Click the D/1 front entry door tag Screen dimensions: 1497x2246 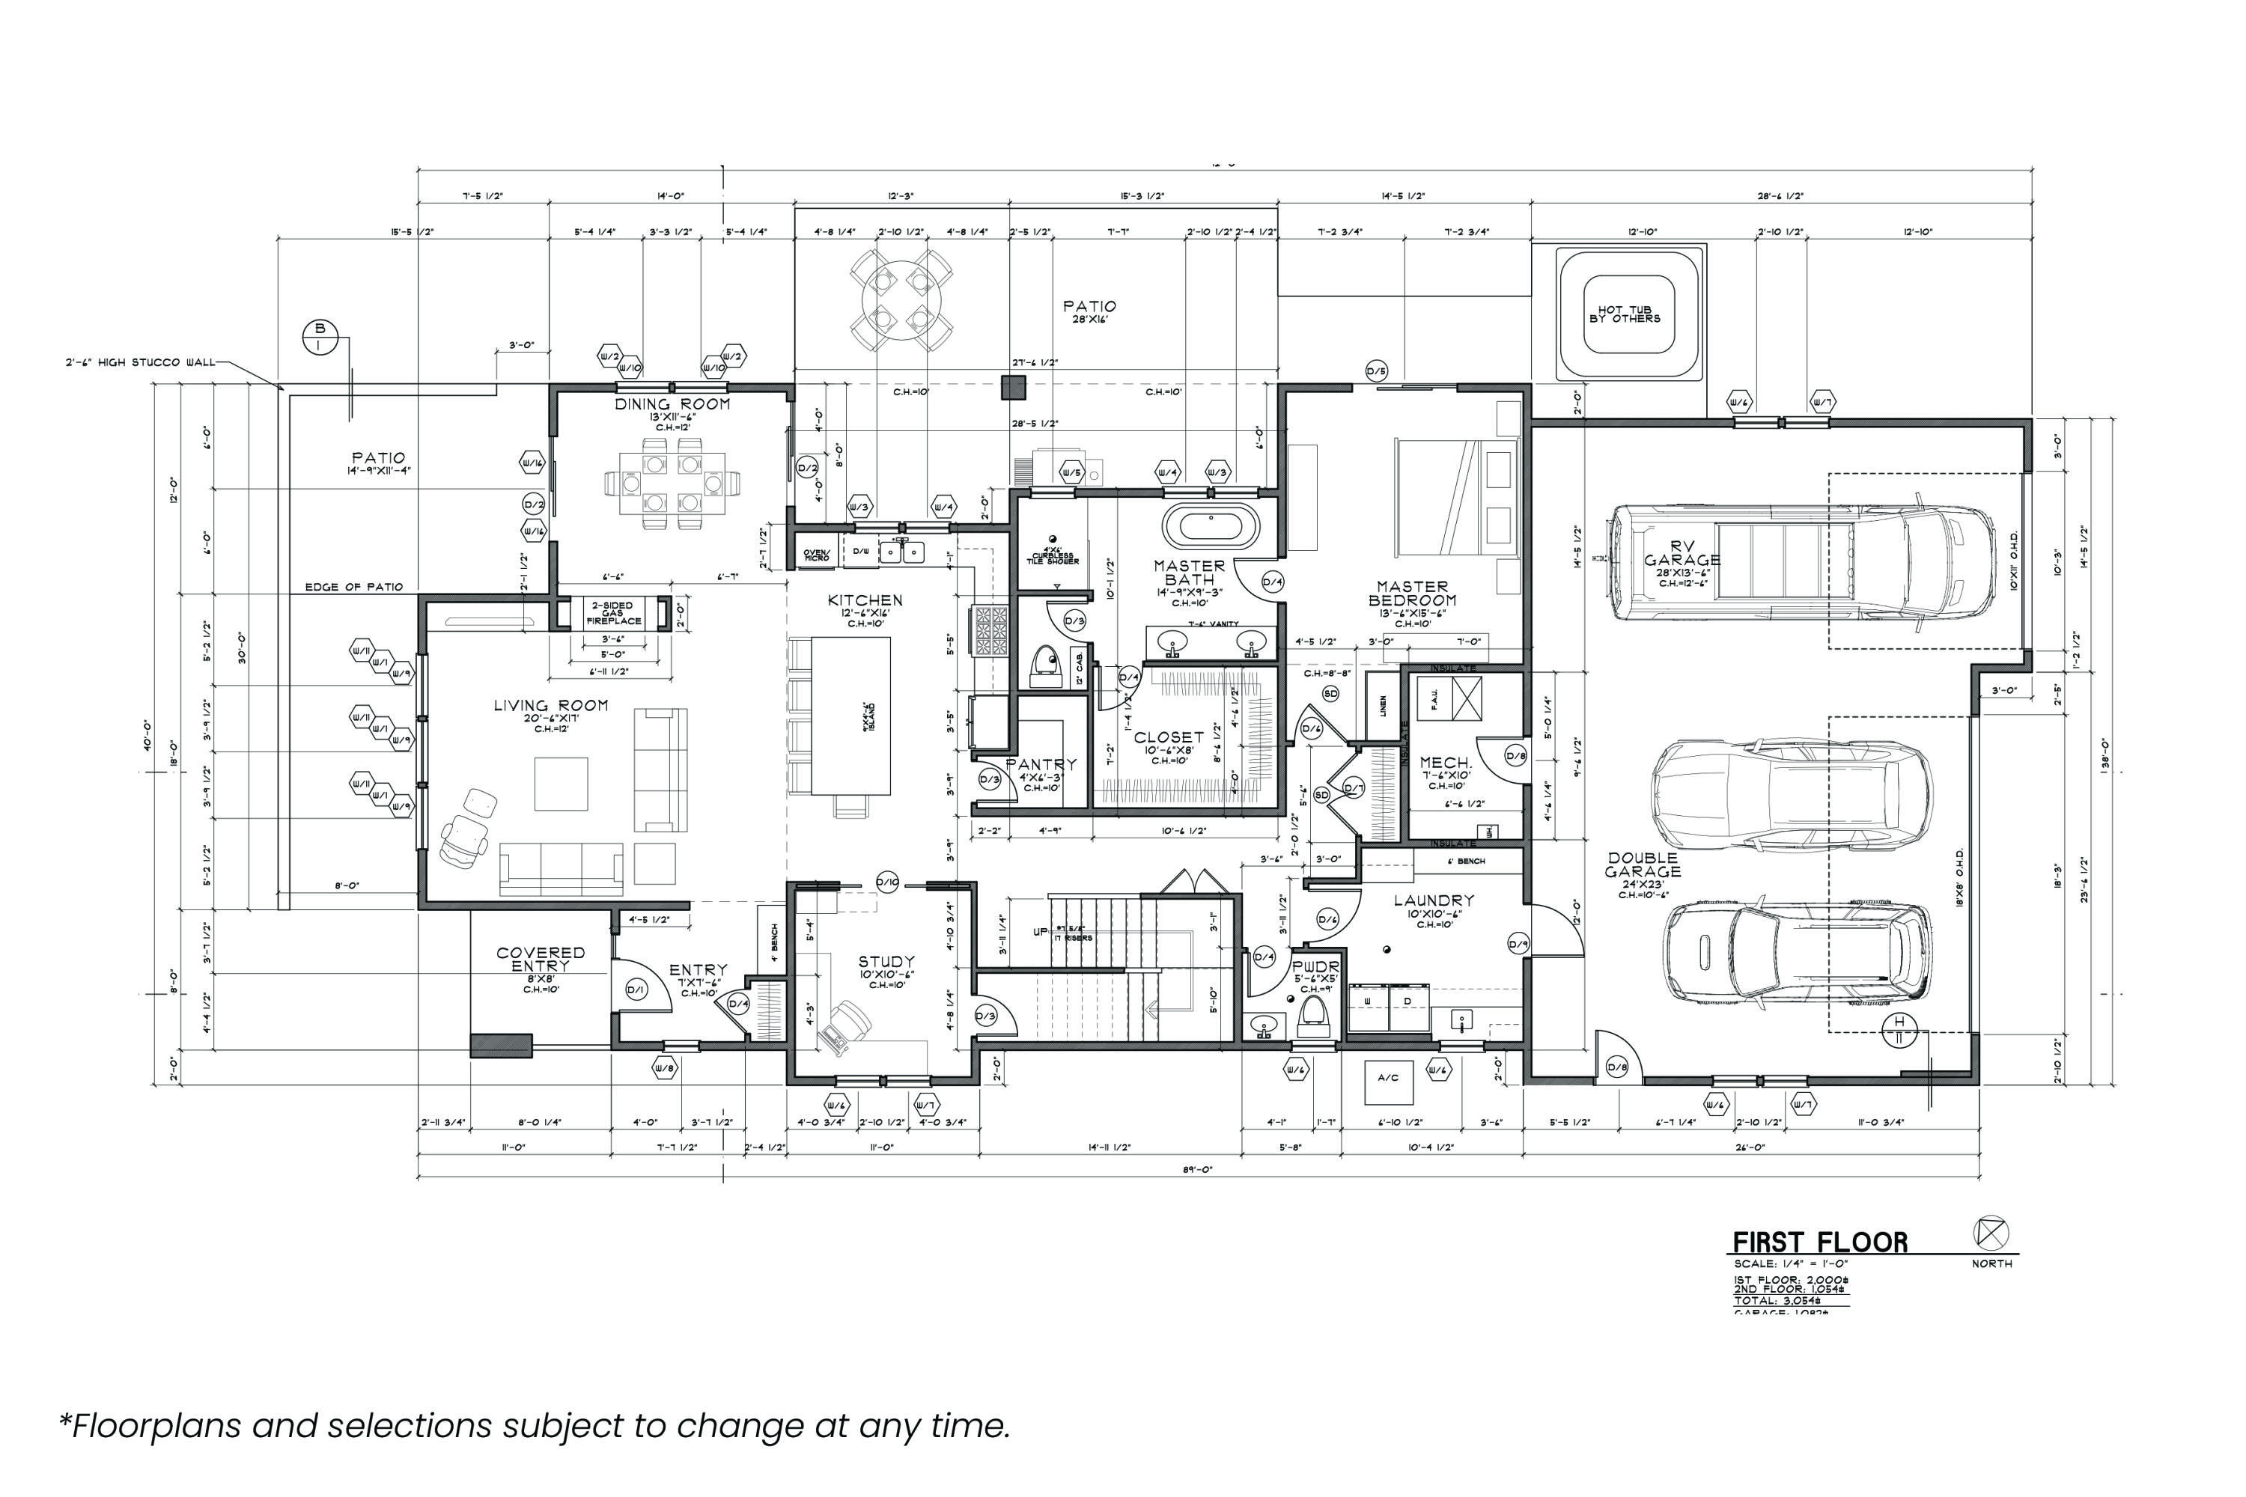click(636, 991)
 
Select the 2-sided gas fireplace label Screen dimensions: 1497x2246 click(612, 613)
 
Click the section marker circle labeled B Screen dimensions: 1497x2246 click(320, 336)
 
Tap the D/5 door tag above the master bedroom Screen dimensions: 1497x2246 click(1376, 371)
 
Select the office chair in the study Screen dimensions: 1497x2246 click(845, 1026)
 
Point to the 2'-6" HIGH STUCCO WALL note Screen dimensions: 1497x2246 click(139, 363)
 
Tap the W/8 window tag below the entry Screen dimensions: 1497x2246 click(666, 1068)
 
